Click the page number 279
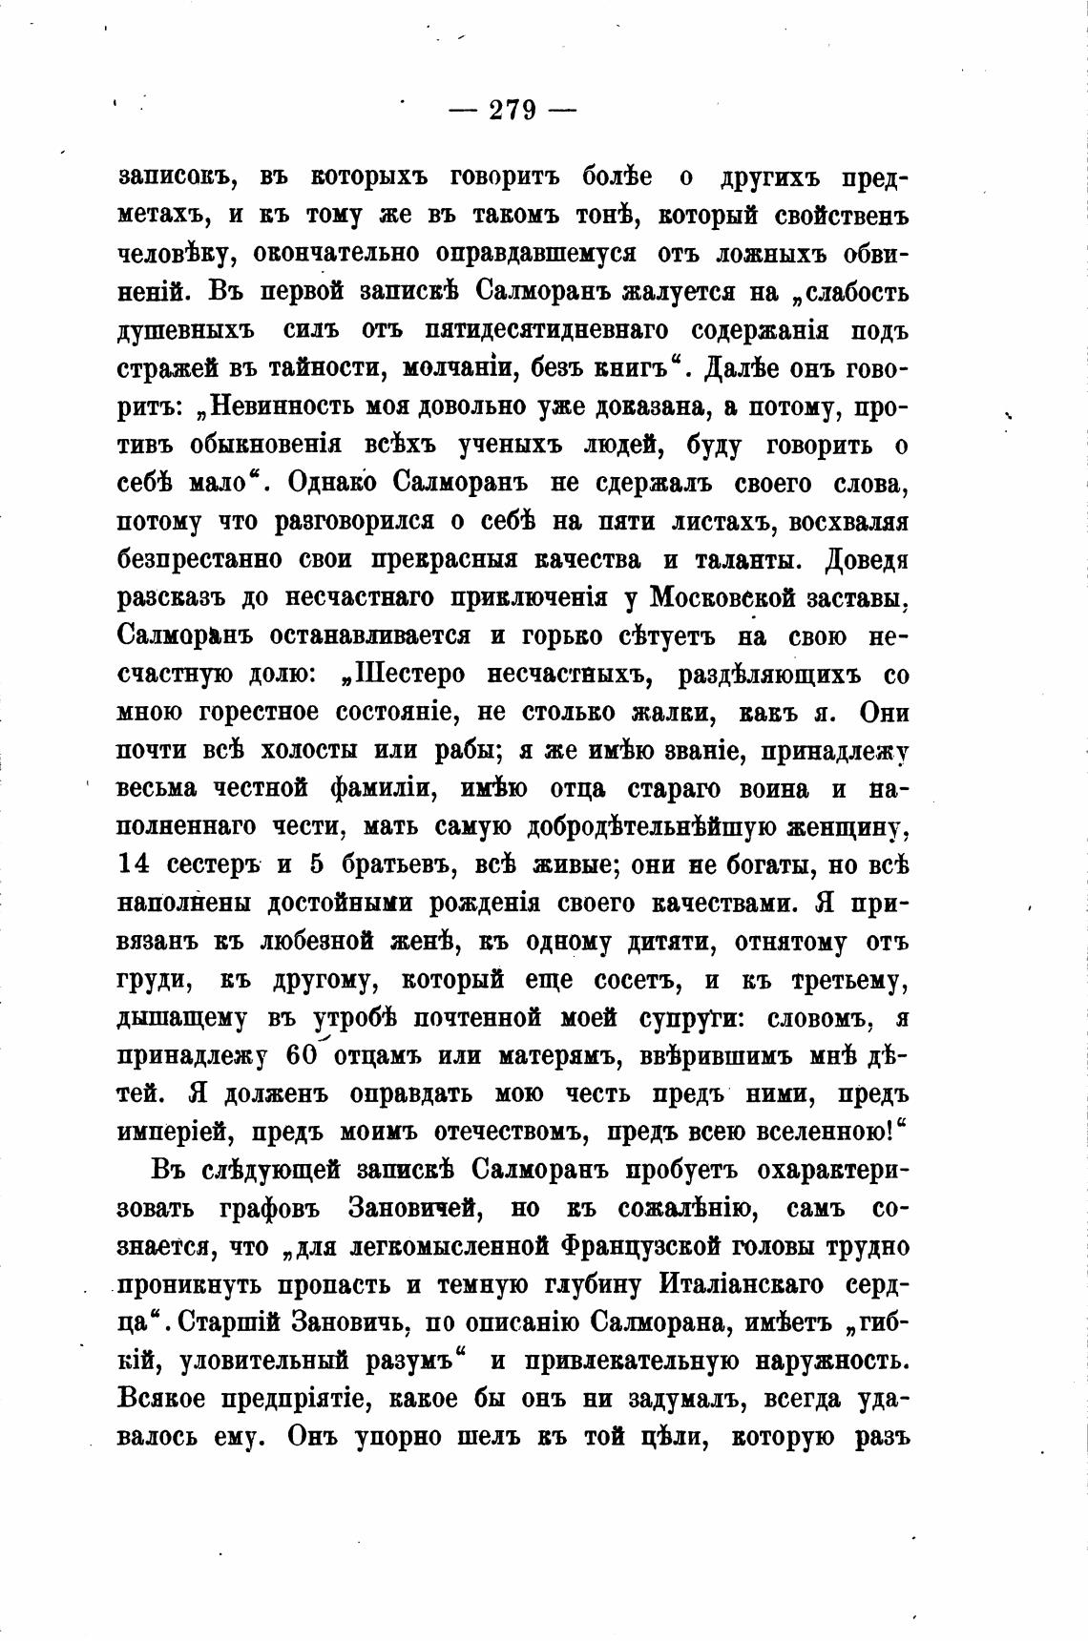click(x=513, y=111)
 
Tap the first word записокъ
click(x=176, y=178)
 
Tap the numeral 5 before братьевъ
click(x=318, y=865)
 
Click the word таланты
click(x=741, y=560)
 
